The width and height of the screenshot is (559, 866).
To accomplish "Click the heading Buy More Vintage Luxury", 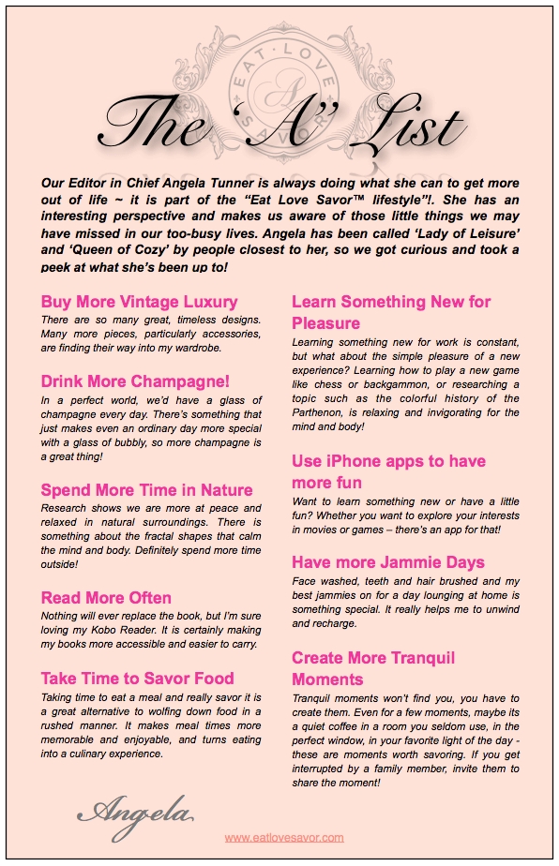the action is (x=140, y=302).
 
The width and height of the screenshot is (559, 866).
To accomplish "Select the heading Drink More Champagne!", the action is (x=135, y=382).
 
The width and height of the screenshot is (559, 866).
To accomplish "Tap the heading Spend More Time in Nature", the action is (x=147, y=490).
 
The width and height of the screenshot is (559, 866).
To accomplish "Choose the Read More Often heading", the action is (x=106, y=598).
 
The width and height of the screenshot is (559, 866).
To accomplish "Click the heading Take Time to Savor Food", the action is (x=138, y=679).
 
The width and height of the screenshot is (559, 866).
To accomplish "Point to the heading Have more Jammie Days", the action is (x=388, y=562).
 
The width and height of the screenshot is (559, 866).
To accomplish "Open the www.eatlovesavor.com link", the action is (x=284, y=838).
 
